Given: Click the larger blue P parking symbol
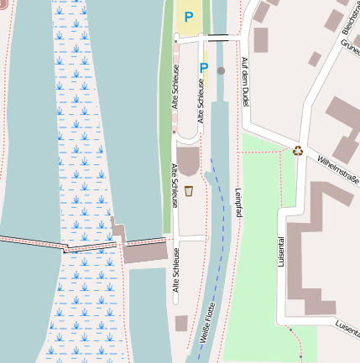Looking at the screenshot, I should point(188,16).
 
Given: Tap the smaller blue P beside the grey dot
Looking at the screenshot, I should point(204,68).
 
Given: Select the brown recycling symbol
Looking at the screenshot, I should point(298,151).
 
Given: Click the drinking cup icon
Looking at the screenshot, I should point(189,191).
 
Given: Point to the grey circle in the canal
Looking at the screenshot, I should point(221,71).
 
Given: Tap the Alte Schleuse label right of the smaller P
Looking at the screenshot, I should point(200,100).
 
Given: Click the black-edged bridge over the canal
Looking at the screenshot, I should point(222,38).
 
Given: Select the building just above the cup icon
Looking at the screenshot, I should point(188,160).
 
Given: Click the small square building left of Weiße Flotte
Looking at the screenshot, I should point(181,323).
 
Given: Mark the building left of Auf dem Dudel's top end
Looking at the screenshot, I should point(260,39).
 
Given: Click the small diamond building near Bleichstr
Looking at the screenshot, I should point(315,59).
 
